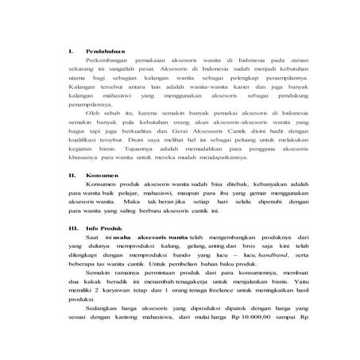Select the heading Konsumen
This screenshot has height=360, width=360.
[100, 173]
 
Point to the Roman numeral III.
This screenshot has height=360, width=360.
[69, 227]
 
